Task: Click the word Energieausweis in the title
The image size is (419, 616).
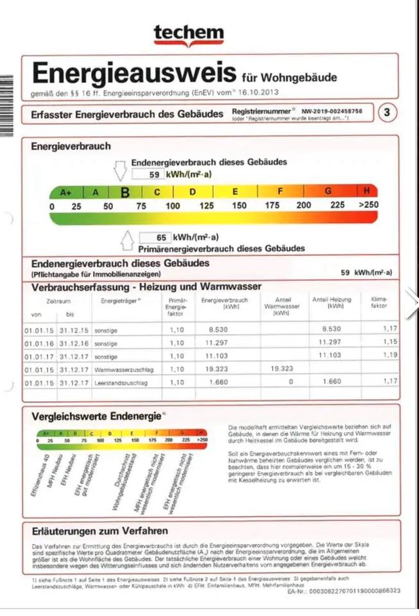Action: coord(134,73)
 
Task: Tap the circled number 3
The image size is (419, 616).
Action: coord(386,113)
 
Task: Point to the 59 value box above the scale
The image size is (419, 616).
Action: coord(148,175)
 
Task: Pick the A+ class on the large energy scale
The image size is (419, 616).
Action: coord(66,192)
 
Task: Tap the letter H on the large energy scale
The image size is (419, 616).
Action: coord(367,191)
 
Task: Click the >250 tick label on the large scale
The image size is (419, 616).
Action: coord(368,206)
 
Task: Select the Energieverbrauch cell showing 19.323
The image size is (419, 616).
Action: coord(219,370)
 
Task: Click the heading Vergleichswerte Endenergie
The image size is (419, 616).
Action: coord(96,416)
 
